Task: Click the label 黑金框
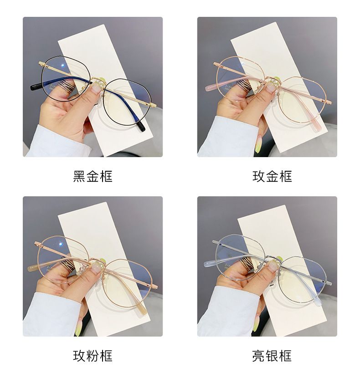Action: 93,176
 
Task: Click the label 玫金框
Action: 272,176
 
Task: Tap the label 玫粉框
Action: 93,356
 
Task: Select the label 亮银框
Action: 272,356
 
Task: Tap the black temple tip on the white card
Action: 142,127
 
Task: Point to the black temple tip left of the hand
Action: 35,87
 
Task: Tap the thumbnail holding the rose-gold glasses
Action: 271,89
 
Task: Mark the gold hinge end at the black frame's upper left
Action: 41,63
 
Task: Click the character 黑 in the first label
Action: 79,176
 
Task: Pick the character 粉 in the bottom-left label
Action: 93,356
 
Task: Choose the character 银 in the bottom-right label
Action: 272,356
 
